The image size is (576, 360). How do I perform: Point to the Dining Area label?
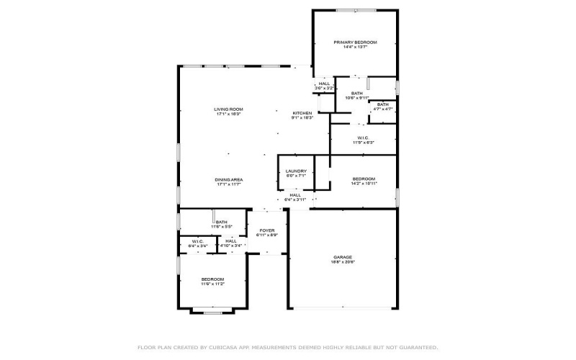[x=228, y=181]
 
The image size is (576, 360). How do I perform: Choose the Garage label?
[x=343, y=258]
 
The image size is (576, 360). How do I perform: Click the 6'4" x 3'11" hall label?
[x=295, y=197]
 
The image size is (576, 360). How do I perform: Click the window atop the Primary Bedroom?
[x=354, y=10]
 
